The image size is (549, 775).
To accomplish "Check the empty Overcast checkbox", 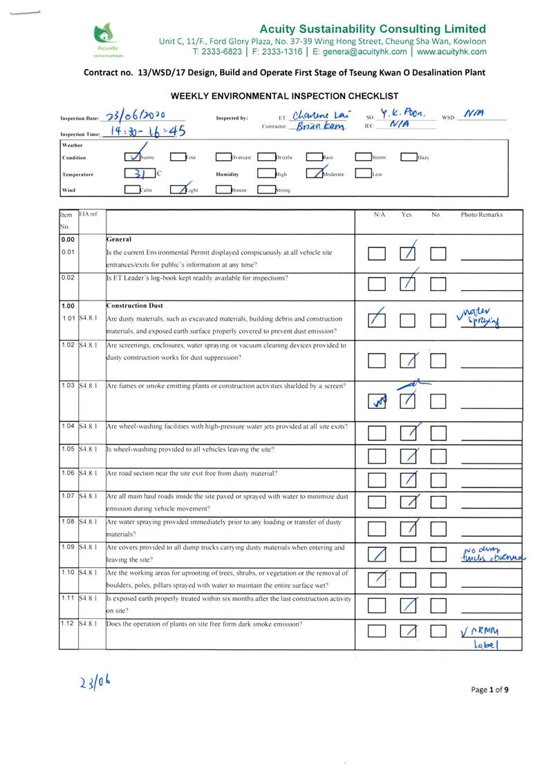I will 223,157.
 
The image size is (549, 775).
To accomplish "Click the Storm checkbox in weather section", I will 363,157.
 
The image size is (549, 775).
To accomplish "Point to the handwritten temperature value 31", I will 139,174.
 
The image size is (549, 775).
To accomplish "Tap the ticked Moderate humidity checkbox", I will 314,174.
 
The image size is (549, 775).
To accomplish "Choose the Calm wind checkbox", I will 133,190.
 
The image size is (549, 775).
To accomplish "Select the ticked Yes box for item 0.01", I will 408,253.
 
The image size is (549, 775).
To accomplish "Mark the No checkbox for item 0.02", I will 438,283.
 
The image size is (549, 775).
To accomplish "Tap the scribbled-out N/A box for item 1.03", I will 377,401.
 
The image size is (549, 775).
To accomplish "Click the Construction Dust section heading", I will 136,305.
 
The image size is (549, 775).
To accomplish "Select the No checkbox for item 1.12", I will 438,630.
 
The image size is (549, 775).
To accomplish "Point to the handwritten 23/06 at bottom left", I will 93,683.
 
